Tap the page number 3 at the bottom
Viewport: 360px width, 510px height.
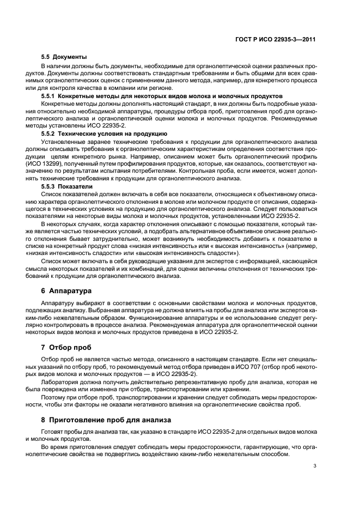[x=315, y=465]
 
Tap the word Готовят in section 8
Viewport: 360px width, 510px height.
[x=53, y=432]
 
